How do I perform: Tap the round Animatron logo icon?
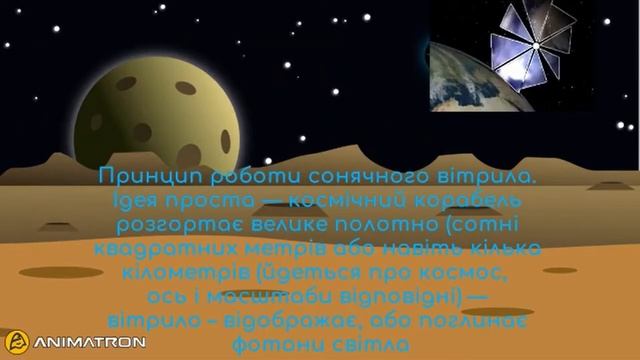pos(17,341)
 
